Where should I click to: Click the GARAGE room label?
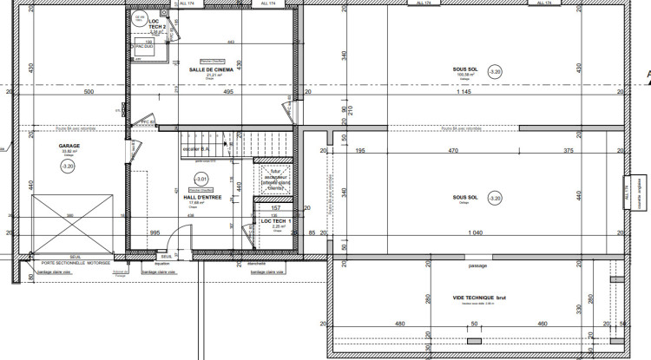point(69,146)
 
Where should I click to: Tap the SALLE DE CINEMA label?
point(208,69)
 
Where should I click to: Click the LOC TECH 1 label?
point(273,222)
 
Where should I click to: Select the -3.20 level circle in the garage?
point(69,164)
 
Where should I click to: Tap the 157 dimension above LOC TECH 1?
point(276,209)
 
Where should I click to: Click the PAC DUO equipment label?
point(144,47)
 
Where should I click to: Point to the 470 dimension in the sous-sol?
point(452,151)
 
